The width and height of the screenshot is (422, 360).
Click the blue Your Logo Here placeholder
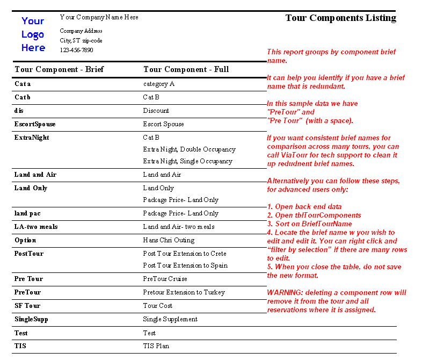(33, 34)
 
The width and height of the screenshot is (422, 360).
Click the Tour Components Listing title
(340, 18)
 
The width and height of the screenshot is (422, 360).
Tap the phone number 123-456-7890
(76, 50)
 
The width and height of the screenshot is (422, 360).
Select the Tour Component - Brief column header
(59, 69)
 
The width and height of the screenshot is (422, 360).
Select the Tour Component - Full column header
(186, 69)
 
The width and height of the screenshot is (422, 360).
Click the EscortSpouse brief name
(35, 124)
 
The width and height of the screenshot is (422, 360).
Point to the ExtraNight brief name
(32, 138)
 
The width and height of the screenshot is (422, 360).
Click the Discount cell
(156, 111)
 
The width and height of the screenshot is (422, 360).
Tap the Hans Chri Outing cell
(169, 240)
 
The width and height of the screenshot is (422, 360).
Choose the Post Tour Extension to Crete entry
(185, 254)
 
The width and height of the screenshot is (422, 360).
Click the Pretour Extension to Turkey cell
(184, 292)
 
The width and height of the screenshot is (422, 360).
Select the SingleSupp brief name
(31, 319)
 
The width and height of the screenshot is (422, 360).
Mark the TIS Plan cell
(156, 346)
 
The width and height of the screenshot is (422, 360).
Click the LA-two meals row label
(36, 227)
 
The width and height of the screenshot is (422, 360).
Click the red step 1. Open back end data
(304, 207)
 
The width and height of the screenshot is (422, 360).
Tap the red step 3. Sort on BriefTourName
(309, 224)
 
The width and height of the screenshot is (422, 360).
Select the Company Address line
(81, 31)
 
